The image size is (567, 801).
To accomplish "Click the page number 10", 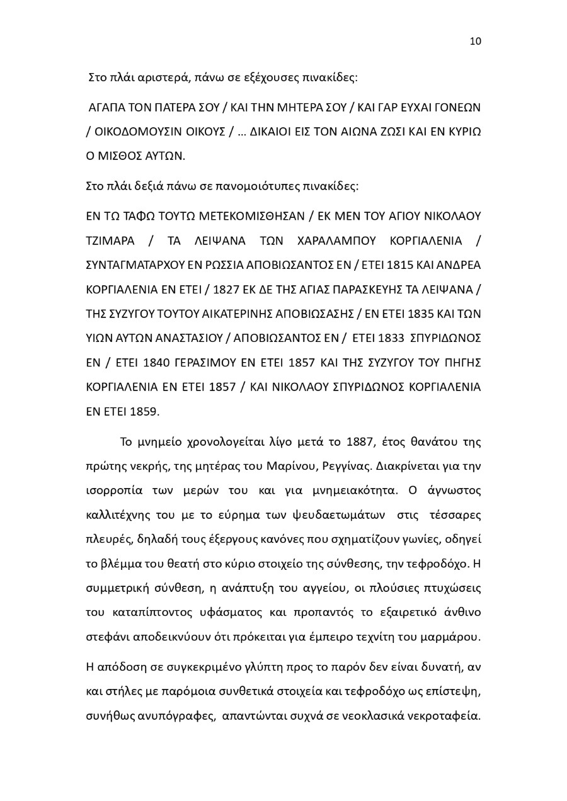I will pos(475,42).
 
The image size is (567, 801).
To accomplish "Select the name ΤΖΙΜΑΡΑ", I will pos(109,241).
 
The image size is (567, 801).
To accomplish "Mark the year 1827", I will pos(226,290).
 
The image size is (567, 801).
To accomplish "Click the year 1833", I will pos(391,338).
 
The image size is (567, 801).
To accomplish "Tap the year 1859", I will pos(145,412).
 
